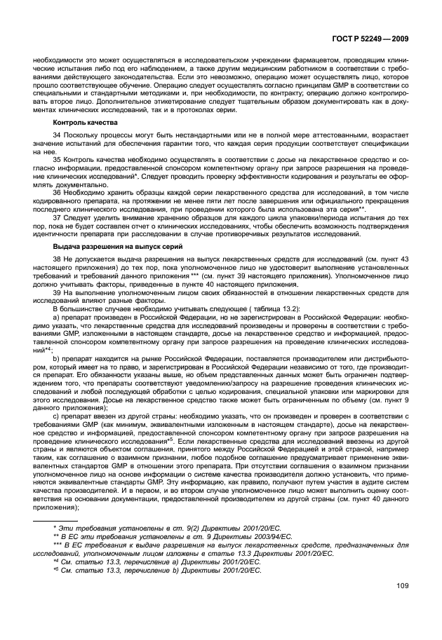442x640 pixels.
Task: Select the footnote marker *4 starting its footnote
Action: [x=58, y=561]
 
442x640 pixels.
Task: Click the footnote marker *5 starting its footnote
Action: [x=58, y=571]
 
